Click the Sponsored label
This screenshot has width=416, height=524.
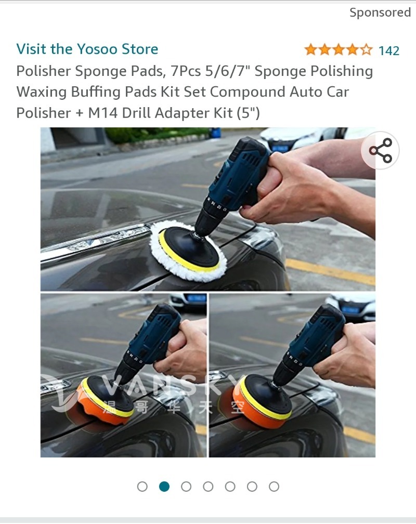(x=380, y=12)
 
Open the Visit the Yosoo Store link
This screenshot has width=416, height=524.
(x=87, y=49)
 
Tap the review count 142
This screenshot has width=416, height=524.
(x=389, y=51)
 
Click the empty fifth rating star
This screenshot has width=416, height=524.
(x=367, y=50)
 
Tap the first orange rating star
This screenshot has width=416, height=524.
(x=310, y=50)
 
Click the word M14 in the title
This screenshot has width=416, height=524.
(x=102, y=113)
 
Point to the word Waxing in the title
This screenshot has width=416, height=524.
(x=42, y=92)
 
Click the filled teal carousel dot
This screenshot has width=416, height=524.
(x=164, y=487)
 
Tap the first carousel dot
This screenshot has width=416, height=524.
(x=142, y=487)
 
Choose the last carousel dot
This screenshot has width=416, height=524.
(x=274, y=487)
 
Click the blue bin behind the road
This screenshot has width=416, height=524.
(x=216, y=133)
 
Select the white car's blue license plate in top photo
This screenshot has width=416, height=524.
(x=280, y=148)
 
